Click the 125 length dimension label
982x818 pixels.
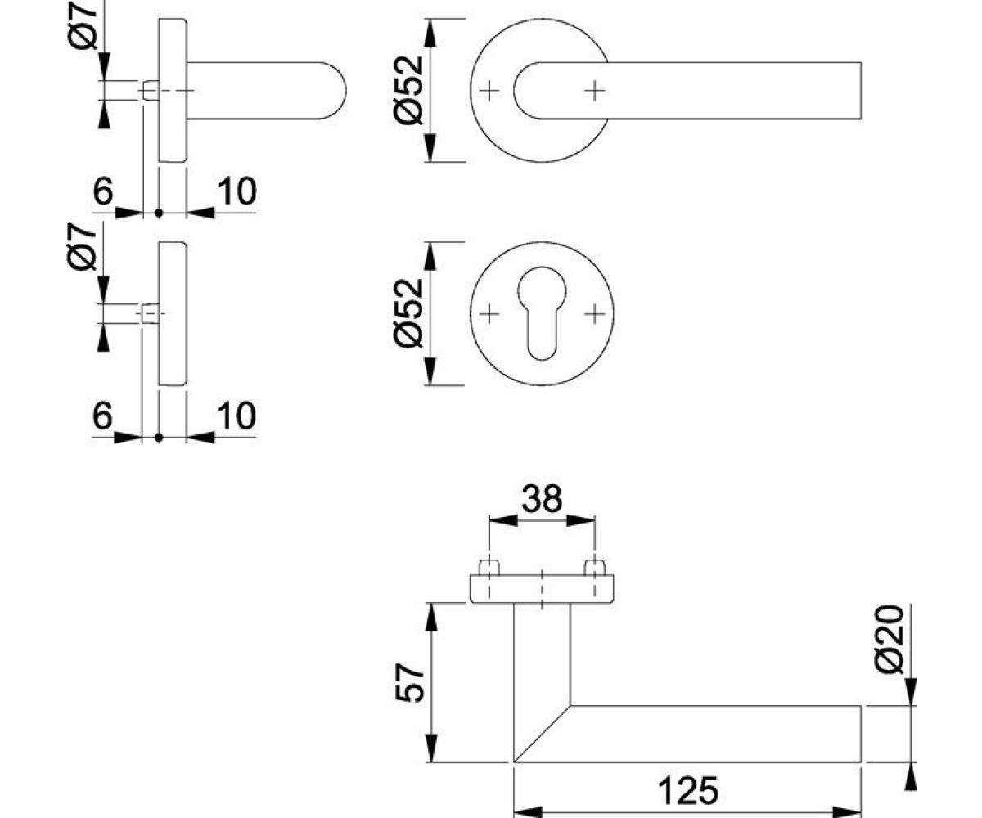(x=688, y=791)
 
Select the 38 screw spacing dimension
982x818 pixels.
(x=542, y=499)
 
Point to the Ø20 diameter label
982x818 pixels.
(x=890, y=640)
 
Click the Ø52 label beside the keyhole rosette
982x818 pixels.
(x=409, y=313)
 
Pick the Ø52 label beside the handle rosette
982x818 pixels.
(x=409, y=90)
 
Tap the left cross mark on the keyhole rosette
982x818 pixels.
(x=489, y=313)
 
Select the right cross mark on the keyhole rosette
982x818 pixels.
(x=595, y=313)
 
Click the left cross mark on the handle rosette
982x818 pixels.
(x=489, y=90)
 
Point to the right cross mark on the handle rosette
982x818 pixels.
(x=595, y=90)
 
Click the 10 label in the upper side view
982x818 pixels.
(x=237, y=191)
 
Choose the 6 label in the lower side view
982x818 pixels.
(x=103, y=415)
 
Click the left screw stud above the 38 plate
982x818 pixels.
(x=489, y=568)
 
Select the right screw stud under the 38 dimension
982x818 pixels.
(x=595, y=568)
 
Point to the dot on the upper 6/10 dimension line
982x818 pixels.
(x=159, y=213)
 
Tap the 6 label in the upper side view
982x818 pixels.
(x=103, y=191)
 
